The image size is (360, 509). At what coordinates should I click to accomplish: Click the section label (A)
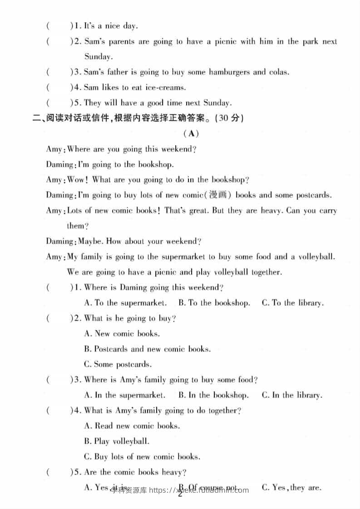pyautogui.click(x=191, y=133)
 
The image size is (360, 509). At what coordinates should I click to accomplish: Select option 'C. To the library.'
pyautogui.click(x=292, y=303)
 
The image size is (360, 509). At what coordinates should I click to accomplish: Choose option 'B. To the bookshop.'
pyautogui.click(x=214, y=303)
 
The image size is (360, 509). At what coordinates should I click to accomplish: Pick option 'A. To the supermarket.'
pyautogui.click(x=126, y=303)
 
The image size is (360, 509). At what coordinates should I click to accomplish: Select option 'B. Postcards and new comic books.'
pyautogui.click(x=148, y=349)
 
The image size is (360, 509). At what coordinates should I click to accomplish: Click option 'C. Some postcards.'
pyautogui.click(x=118, y=364)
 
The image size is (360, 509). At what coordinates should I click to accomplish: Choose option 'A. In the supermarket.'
pyautogui.click(x=125, y=396)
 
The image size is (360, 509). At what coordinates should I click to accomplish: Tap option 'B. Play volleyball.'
pyautogui.click(x=117, y=441)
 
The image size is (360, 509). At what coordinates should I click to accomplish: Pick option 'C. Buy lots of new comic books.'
pyautogui.click(x=142, y=457)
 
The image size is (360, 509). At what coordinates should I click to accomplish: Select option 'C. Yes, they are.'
pyautogui.click(x=291, y=488)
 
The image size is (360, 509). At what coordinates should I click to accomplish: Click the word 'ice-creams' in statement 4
pyautogui.click(x=167, y=88)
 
